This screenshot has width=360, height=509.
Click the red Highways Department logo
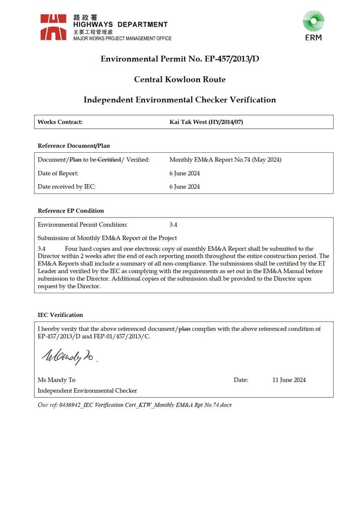[54, 27]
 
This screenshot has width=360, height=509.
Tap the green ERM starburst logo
[313, 22]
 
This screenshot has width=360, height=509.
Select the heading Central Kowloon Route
[180, 79]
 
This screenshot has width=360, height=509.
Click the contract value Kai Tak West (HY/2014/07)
[206, 122]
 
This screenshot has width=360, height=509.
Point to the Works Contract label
[60, 122]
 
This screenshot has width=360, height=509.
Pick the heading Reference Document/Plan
[73, 146]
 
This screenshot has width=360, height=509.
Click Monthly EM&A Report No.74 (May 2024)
[225, 160]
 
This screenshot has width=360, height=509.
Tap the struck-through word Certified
[109, 160]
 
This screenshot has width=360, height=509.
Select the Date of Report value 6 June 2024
[185, 173]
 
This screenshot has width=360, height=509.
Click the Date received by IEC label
[67, 187]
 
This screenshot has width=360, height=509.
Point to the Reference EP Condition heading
[71, 211]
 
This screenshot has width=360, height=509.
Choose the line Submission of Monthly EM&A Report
[107, 238]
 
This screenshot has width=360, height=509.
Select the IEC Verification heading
[60, 315]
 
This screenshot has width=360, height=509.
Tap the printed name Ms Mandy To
[57, 380]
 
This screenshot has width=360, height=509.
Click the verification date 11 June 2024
[289, 380]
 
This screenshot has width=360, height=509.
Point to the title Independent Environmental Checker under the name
[88, 391]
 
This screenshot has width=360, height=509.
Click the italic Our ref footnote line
[135, 405]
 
